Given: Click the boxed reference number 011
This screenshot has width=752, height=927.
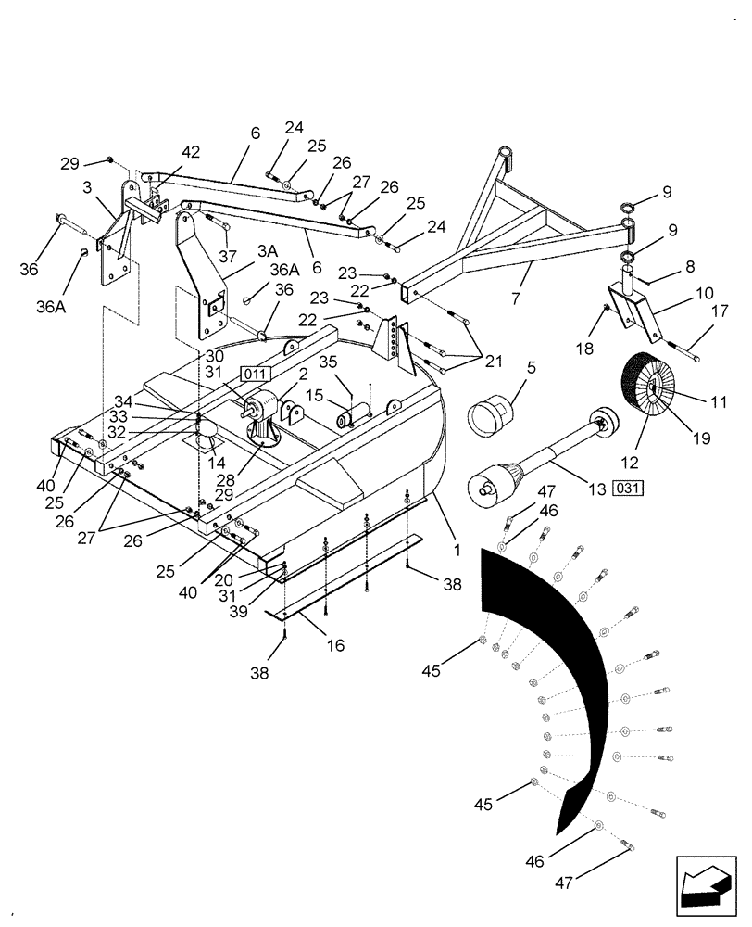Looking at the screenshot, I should click(x=256, y=374).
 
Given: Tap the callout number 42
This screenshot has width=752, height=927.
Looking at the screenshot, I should click(x=191, y=152).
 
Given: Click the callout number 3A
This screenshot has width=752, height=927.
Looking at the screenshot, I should click(x=268, y=250).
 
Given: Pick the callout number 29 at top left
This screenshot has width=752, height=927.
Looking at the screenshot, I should click(x=70, y=163).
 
